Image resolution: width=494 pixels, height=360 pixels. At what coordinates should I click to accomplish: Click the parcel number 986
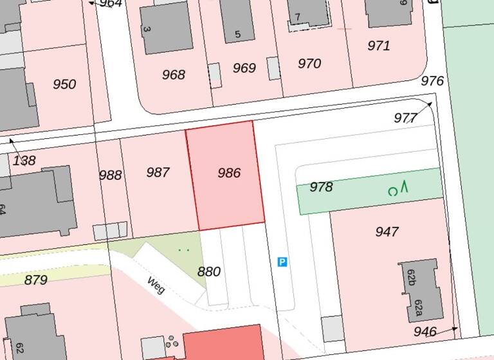[229, 173]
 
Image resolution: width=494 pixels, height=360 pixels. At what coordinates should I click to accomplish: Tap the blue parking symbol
[282, 262]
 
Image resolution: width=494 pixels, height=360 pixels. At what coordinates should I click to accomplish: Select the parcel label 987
[158, 172]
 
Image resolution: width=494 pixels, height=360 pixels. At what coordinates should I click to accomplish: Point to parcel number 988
[110, 175]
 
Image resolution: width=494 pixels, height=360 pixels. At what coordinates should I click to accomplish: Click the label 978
[321, 187]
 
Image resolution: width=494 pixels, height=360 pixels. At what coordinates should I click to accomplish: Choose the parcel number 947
[387, 232]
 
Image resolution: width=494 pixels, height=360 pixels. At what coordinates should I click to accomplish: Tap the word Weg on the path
[156, 284]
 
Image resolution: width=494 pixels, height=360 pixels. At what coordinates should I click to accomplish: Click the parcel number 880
[208, 272]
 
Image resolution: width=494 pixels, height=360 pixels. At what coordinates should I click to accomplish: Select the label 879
[36, 280]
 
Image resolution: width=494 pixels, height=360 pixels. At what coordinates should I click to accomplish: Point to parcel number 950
[64, 84]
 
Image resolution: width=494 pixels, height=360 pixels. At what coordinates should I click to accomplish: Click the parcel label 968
[173, 75]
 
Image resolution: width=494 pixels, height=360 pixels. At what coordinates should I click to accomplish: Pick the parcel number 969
[244, 68]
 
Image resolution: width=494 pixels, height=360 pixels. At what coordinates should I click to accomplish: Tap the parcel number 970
[309, 64]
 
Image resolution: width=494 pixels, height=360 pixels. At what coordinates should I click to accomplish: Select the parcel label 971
[379, 46]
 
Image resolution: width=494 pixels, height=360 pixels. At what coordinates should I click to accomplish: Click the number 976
[432, 81]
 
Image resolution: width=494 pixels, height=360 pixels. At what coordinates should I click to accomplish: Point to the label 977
[405, 118]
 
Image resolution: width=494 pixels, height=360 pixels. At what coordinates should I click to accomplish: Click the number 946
[425, 332]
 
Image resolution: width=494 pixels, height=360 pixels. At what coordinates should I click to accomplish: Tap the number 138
[24, 161]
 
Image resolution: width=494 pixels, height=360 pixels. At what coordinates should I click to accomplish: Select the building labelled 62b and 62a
[419, 290]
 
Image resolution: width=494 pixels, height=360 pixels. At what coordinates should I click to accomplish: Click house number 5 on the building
[238, 34]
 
